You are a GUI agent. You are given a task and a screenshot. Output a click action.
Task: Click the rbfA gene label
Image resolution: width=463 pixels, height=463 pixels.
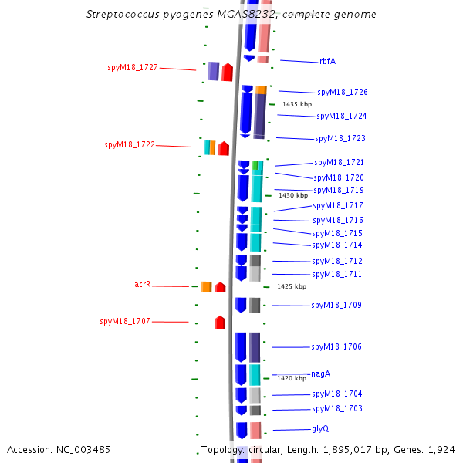point(327,61)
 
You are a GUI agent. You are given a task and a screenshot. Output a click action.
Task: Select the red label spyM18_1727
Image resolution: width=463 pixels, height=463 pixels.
point(133,68)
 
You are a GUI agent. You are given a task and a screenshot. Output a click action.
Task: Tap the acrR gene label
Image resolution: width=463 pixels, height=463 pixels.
point(143,284)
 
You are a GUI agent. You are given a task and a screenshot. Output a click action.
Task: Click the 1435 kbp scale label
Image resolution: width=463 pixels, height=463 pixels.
point(297,104)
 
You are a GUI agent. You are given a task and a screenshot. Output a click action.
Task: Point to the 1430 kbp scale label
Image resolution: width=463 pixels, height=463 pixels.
point(293,195)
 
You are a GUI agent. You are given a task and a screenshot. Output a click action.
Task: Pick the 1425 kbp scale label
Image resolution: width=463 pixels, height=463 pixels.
point(292,286)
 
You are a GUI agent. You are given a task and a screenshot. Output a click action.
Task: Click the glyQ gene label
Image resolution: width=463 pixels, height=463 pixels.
point(320,429)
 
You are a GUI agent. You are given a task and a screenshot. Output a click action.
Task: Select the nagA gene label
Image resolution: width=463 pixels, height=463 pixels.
point(321,373)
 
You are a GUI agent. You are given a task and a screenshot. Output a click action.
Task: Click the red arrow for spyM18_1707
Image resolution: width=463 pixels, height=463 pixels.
point(220,322)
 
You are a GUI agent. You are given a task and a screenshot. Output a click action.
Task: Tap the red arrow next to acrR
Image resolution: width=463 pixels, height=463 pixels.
point(220,287)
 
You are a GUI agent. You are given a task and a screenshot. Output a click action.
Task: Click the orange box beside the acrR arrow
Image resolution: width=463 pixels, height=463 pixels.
point(206,287)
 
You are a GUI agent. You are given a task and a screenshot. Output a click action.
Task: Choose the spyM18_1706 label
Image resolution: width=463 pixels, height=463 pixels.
point(336,346)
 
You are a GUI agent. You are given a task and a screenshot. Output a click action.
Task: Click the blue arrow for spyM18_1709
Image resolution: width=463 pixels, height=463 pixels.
point(241,306)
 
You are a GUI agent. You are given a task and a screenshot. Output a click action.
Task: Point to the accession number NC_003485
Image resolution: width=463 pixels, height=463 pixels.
point(83,450)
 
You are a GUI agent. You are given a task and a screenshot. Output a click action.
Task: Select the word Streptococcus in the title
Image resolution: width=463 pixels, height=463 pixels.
point(123,15)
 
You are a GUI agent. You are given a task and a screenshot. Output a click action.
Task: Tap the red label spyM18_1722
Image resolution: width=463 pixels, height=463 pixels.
point(130,145)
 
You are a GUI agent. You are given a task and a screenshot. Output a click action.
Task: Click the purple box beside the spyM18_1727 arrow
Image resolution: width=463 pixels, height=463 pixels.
point(214,71)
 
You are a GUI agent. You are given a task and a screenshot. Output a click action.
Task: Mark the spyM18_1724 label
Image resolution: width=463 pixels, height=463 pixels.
point(342,116)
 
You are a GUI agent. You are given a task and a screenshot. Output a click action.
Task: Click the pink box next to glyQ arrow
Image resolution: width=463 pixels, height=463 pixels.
point(255,431)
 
